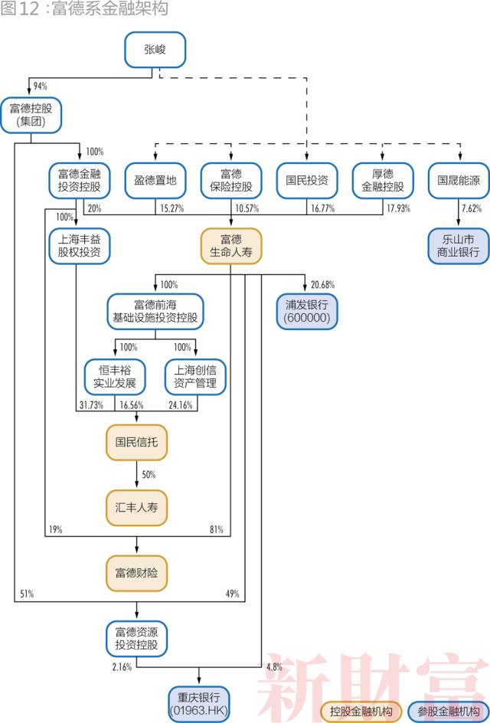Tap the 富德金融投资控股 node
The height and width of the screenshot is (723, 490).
(x=80, y=181)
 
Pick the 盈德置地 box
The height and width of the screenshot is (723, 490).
(x=155, y=181)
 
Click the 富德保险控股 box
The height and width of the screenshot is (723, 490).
(x=230, y=181)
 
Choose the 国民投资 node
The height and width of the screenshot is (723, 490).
(x=306, y=181)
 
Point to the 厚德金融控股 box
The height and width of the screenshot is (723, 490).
(x=382, y=181)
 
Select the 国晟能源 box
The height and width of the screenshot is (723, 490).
(x=458, y=181)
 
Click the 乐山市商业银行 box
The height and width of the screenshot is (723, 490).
(x=458, y=245)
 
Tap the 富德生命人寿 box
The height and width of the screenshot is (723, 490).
(x=230, y=245)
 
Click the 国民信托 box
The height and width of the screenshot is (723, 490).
(x=136, y=442)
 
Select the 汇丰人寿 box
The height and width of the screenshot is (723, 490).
(x=136, y=507)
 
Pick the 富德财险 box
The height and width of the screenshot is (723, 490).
(x=136, y=572)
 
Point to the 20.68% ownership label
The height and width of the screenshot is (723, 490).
(x=322, y=285)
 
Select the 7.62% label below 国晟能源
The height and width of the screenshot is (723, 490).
(x=471, y=208)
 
